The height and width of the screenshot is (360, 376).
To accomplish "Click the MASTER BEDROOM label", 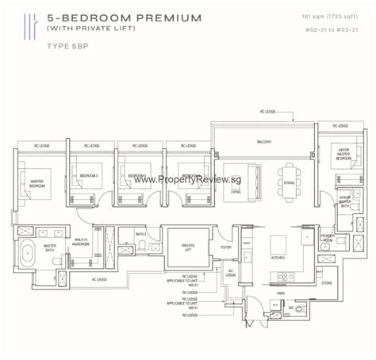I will point(37,184).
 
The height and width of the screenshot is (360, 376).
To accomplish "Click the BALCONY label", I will point(264,142).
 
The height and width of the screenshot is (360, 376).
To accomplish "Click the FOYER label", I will point(226,246).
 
